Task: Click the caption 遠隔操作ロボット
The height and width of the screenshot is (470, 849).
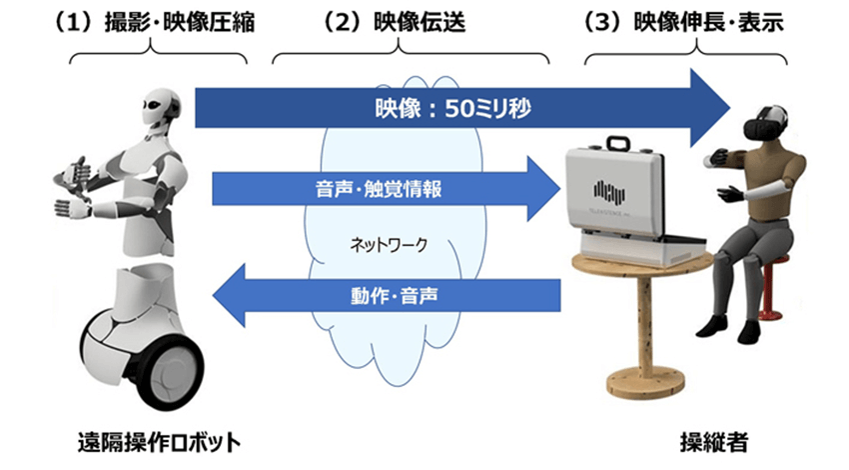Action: tap(159, 440)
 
